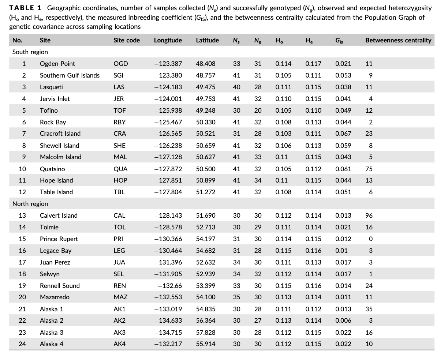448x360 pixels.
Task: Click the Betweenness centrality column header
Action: click(x=398, y=40)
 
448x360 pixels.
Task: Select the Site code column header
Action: click(x=127, y=40)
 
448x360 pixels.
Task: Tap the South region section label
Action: click(x=30, y=52)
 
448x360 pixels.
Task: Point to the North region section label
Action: click(x=30, y=204)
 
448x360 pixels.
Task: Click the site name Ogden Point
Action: click(x=57, y=64)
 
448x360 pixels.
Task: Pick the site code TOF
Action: click(x=119, y=110)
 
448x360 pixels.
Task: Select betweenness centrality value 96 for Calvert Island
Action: click(x=369, y=215)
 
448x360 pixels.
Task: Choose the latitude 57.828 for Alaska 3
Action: click(x=206, y=333)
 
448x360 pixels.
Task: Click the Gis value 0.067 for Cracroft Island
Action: click(x=343, y=134)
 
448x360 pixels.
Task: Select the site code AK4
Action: click(x=119, y=344)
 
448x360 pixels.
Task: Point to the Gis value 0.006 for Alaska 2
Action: click(x=343, y=320)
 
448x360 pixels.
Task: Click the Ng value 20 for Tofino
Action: click(x=258, y=110)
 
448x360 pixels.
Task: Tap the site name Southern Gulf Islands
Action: click(x=70, y=75)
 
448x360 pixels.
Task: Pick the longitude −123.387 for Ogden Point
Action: click(x=168, y=64)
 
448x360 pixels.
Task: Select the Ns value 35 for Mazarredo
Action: click(x=236, y=297)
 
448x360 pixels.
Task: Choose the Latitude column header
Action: click(x=208, y=40)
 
